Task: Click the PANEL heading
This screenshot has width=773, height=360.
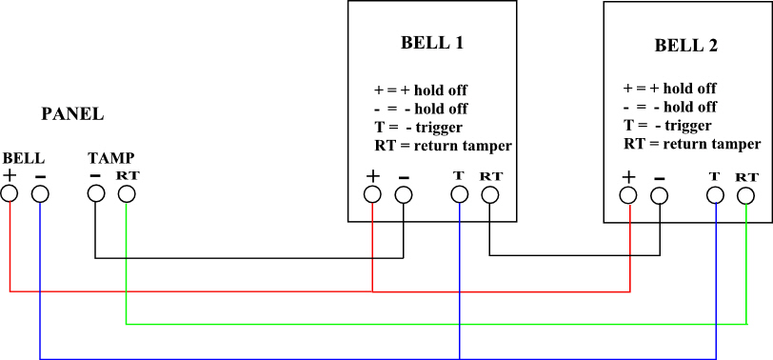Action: pos(72,114)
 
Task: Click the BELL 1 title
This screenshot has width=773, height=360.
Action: pos(432,43)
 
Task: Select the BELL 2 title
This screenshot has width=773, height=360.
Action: pos(685,46)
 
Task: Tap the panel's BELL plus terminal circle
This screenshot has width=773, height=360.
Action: pos(10,193)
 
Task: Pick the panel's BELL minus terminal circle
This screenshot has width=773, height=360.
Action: pos(40,193)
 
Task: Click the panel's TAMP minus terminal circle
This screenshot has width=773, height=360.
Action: pos(95,193)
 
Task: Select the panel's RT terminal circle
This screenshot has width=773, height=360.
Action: pos(127,193)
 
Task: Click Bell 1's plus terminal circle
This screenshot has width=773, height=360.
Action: pos(372,195)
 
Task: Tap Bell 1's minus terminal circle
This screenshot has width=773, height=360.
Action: pos(404,195)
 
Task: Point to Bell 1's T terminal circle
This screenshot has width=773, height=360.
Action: pos(460,195)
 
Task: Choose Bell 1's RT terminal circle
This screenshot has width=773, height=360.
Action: pos(489,195)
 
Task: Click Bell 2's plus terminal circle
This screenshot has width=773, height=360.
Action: pos(628,195)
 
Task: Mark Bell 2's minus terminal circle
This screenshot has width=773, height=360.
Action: pos(659,196)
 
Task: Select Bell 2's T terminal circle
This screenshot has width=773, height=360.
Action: pos(715,195)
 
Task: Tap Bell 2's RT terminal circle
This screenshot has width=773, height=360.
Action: pos(746,196)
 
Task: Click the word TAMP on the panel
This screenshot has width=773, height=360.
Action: pos(111,158)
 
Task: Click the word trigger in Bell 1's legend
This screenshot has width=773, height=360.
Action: pos(440,128)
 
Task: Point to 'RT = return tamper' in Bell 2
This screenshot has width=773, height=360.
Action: pos(692,144)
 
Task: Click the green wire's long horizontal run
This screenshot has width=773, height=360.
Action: pos(436,325)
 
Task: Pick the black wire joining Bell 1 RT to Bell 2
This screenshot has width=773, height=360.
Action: pos(574,255)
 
